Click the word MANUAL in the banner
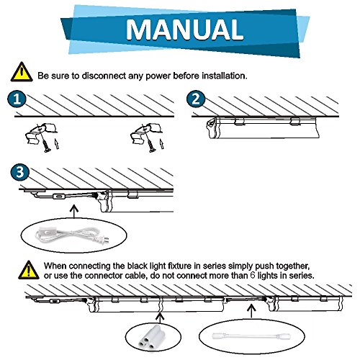click(x=184, y=30)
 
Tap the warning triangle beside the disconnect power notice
click(x=22, y=72)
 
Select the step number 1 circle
click(x=17, y=99)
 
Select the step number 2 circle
click(x=196, y=99)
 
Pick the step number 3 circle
click(x=19, y=172)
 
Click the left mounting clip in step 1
click(x=41, y=132)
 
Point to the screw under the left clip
click(x=45, y=145)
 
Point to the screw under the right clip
click(x=150, y=145)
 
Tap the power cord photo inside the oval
click(x=72, y=235)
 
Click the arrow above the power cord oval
click(x=74, y=211)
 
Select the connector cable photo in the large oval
click(x=251, y=336)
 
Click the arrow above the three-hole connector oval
click(x=160, y=317)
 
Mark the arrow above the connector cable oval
click(x=251, y=311)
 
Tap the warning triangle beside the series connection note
click(x=29, y=270)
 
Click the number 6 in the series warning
click(x=253, y=275)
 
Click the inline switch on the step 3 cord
click(x=59, y=197)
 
